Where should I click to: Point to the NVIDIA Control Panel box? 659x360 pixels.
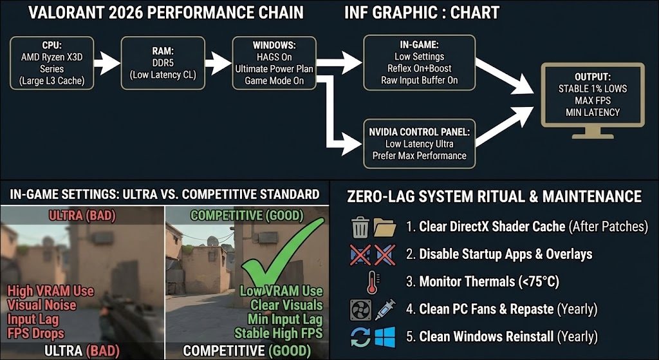[x=420, y=144]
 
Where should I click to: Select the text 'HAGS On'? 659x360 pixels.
[x=274, y=58]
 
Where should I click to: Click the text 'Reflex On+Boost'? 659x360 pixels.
[x=419, y=69]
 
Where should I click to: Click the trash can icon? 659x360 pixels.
[x=360, y=227]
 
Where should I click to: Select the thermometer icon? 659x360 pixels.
[x=373, y=282]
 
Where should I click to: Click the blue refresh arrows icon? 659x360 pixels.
[x=360, y=336]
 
